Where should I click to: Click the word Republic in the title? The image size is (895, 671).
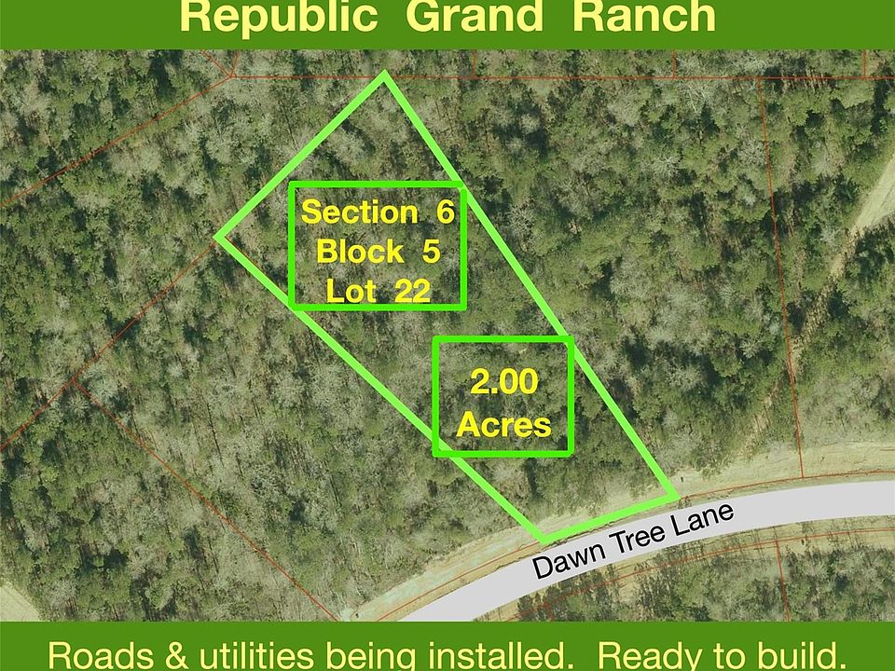pyautogui.click(x=279, y=16)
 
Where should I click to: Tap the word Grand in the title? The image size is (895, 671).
pyautogui.click(x=474, y=16)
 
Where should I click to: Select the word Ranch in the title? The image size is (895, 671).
pyautogui.click(x=644, y=16)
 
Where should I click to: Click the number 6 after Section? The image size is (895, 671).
pyautogui.click(x=446, y=212)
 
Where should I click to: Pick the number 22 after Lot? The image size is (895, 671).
pyautogui.click(x=412, y=291)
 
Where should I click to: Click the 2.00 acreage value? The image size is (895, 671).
pyautogui.click(x=504, y=382)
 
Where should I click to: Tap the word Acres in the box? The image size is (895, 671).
pyautogui.click(x=504, y=425)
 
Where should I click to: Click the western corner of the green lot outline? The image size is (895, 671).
pyautogui.click(x=217, y=236)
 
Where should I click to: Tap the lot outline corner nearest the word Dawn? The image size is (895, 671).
pyautogui.click(x=544, y=540)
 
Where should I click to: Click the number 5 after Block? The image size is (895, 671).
pyautogui.click(x=431, y=252)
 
